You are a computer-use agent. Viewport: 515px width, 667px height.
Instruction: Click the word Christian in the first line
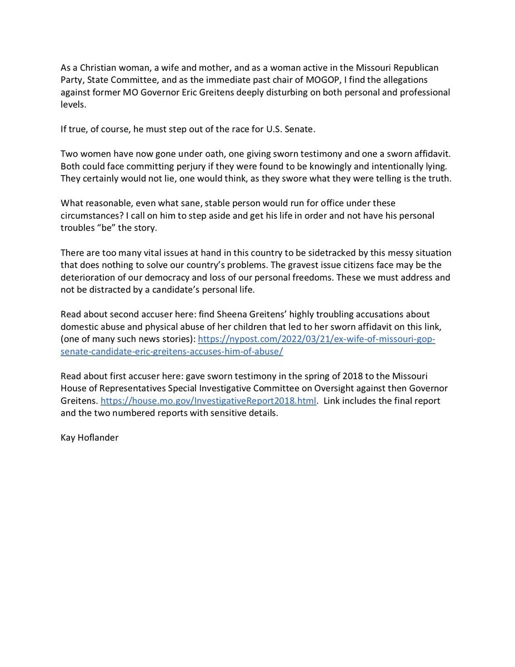[x=92, y=67]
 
